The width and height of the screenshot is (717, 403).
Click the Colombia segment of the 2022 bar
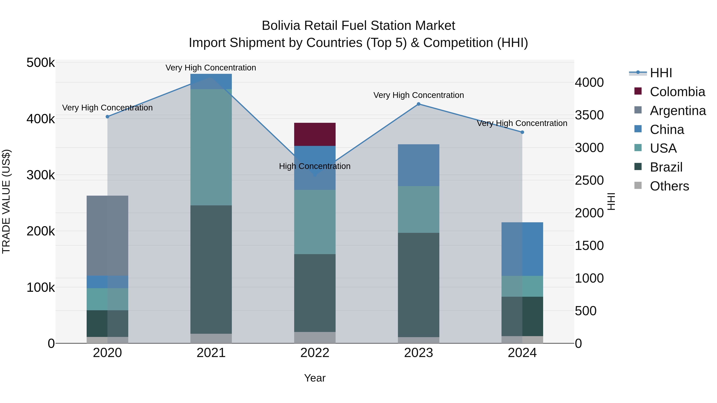[315, 134]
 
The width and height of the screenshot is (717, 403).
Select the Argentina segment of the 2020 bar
[107, 236]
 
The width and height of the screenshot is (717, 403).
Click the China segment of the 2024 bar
[522, 249]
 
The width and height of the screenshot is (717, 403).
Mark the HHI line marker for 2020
[107, 117]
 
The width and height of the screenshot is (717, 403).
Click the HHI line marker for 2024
[522, 132]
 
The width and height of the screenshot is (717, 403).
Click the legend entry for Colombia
[677, 92]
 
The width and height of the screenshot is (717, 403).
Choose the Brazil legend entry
[666, 167]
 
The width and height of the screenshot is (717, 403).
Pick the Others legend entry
[669, 186]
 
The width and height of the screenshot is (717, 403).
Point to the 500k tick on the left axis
[41, 63]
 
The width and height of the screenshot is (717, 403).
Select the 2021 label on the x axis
[211, 353]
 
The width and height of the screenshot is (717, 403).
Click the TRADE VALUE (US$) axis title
[6, 201]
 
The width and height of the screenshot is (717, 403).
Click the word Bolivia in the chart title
[281, 26]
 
